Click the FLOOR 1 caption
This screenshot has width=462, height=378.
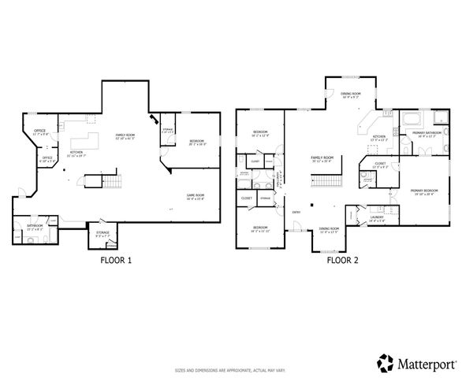tap(116, 259)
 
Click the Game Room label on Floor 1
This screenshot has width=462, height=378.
tap(196, 196)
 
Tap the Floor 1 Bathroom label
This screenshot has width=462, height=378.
tap(34, 226)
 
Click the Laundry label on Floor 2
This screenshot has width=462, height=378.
tap(376, 220)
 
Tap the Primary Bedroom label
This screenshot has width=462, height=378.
tap(424, 191)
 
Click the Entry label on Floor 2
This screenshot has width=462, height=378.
tap(296, 212)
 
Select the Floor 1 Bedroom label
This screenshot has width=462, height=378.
tap(197, 143)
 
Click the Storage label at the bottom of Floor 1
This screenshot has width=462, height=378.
tap(102, 233)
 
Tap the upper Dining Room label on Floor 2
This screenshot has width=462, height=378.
tap(351, 94)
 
